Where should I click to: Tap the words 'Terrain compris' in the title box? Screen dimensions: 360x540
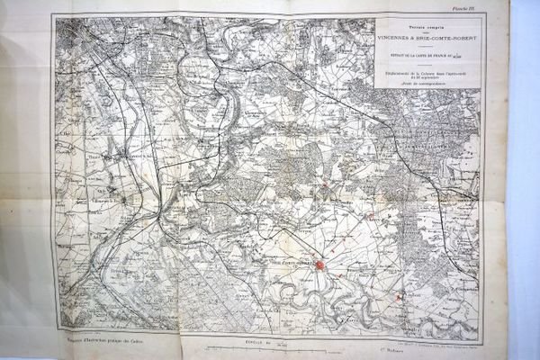click(x=428, y=27)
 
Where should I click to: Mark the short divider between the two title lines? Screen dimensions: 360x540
click(x=428, y=34)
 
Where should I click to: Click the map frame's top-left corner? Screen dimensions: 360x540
click(x=53, y=15)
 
